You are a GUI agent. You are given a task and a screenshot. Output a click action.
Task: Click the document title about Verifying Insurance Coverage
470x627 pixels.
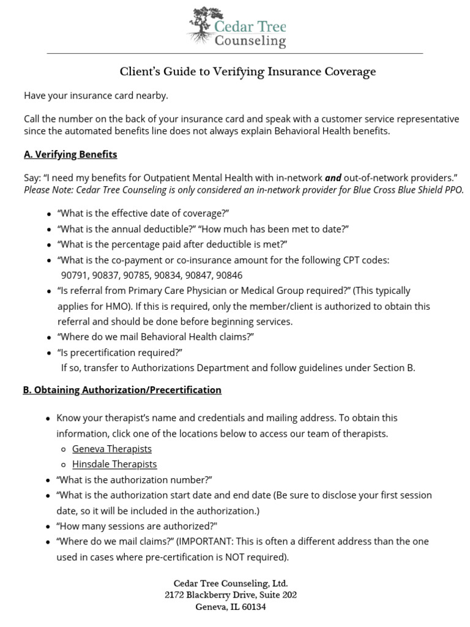pyautogui.click(x=247, y=72)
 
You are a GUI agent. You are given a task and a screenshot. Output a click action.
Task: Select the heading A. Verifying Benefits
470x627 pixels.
pyautogui.click(x=70, y=154)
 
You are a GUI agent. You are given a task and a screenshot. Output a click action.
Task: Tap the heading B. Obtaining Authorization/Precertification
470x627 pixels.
pyautogui.click(x=122, y=390)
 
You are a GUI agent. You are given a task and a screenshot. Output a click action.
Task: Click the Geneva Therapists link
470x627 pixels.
pyautogui.click(x=112, y=449)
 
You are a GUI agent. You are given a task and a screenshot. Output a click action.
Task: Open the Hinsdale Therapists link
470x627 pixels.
pyautogui.click(x=114, y=464)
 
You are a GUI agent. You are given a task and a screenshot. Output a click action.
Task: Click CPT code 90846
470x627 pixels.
pyautogui.click(x=229, y=276)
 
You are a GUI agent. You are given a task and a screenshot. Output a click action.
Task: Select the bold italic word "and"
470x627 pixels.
pyautogui.click(x=333, y=178)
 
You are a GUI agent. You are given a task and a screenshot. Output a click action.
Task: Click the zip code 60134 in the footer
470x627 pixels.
pyautogui.click(x=253, y=607)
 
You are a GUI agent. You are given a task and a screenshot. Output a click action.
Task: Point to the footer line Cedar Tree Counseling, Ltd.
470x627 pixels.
pyautogui.click(x=230, y=584)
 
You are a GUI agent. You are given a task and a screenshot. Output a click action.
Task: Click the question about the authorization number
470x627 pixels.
pyautogui.click(x=134, y=479)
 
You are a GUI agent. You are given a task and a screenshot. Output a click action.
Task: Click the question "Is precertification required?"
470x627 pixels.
pyautogui.click(x=120, y=353)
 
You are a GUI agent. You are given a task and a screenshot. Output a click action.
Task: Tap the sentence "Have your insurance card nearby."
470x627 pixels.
pyautogui.click(x=95, y=96)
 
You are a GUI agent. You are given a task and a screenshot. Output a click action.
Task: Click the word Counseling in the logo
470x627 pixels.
pyautogui.click(x=250, y=42)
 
